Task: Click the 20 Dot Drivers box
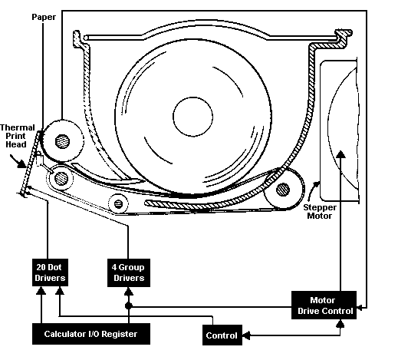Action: click(x=50, y=272)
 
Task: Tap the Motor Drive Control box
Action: click(x=325, y=306)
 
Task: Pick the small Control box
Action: click(x=222, y=335)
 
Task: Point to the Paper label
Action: click(x=44, y=15)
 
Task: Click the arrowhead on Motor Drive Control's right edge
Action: click(x=360, y=310)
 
